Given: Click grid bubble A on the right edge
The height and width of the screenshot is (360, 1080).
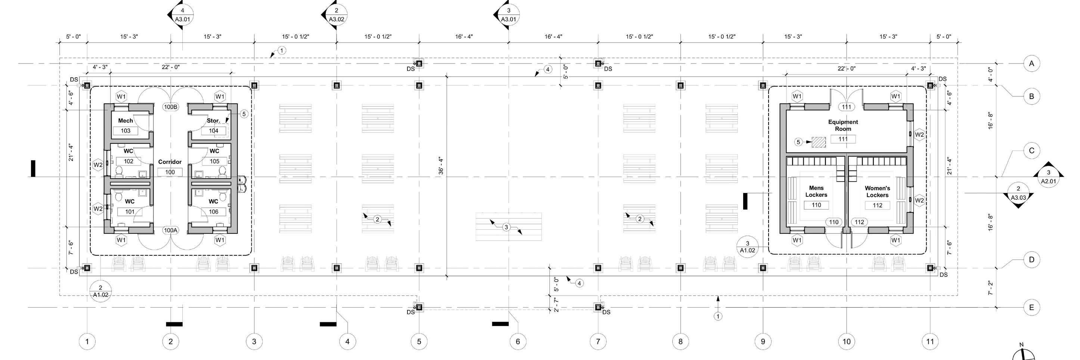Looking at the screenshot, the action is (1031, 64).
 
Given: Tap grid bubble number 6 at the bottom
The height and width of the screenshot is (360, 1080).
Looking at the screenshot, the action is (518, 342).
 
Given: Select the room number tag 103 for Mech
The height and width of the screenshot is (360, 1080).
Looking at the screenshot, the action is (125, 131).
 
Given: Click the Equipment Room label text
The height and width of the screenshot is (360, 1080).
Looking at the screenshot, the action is (843, 125).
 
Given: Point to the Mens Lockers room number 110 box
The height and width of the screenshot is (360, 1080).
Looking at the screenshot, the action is (816, 205).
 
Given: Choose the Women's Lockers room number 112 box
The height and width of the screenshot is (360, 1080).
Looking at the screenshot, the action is (877, 205).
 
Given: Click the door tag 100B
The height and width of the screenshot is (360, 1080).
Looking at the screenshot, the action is (171, 107).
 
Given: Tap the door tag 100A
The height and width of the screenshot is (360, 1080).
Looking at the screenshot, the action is (171, 230).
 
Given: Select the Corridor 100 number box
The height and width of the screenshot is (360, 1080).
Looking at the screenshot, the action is (170, 172).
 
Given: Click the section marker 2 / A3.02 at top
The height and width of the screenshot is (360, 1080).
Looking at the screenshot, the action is (336, 15).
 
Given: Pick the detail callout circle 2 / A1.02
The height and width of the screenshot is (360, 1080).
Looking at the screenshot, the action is (100, 291).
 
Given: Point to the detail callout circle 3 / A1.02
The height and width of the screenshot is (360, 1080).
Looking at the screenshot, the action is (747, 247).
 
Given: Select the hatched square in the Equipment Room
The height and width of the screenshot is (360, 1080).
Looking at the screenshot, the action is (818, 142).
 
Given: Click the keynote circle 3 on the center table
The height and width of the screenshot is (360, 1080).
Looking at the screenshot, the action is (506, 227).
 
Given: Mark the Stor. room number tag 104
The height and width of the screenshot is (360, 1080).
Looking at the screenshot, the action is (213, 131).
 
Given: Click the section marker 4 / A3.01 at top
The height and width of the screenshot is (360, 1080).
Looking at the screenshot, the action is (182, 15).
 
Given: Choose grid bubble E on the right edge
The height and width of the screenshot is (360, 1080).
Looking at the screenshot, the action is (1031, 308).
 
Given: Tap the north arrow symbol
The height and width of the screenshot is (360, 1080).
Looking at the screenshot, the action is (1023, 354).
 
